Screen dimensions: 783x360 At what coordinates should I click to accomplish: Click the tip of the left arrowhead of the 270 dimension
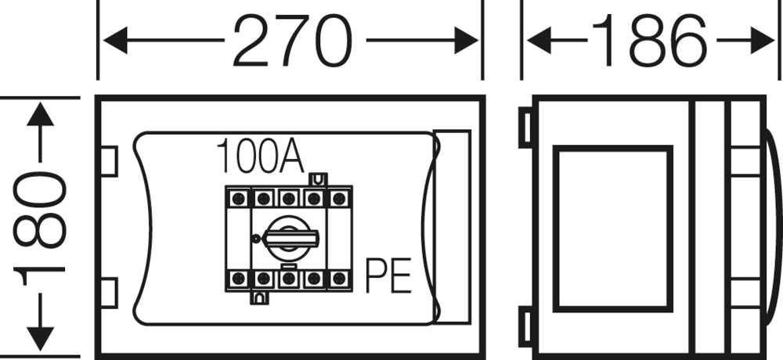pos(103,41)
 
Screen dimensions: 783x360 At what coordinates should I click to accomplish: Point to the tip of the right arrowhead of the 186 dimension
pos(774,41)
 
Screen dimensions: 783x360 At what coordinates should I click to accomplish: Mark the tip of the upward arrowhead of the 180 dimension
pos(40,103)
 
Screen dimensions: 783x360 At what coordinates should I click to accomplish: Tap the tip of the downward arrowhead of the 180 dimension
pos(40,351)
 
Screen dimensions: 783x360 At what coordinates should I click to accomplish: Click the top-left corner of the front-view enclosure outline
pos(96,95)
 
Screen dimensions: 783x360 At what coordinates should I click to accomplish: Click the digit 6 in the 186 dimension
pos(687,41)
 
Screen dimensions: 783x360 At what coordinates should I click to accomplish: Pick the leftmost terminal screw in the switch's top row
pos(238,198)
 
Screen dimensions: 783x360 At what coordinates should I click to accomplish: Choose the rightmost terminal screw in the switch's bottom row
pos(339,278)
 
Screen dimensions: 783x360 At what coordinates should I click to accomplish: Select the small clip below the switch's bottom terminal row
pos(258,297)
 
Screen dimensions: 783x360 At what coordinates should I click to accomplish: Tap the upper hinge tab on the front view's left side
pos(110,161)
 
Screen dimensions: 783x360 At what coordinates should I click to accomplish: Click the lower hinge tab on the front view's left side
pos(110,293)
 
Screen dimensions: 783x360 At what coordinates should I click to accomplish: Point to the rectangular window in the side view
pos(613,229)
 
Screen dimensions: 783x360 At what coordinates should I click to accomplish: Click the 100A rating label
pos(260,156)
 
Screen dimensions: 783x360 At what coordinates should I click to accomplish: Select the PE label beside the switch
pos(388,275)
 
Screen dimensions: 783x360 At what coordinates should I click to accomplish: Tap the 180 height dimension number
pos(39,228)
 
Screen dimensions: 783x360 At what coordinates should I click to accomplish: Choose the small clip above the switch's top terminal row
pos(318,179)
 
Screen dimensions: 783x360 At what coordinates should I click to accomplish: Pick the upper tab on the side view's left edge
pos(526,128)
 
